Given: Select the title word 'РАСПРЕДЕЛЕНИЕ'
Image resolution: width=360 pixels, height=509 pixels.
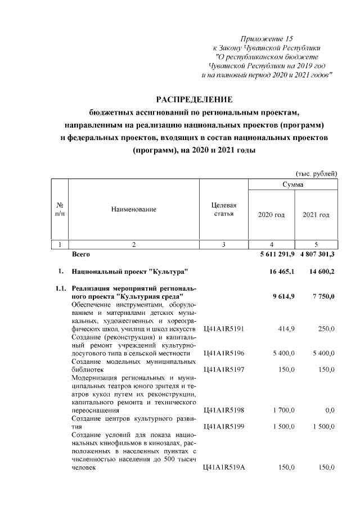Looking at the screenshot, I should coord(194,100).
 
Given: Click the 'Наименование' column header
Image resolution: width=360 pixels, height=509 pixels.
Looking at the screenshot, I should coord(133,209).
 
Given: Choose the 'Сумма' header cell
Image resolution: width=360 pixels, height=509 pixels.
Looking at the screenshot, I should coord(292,184).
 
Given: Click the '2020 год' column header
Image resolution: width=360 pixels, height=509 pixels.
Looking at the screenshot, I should coord(271,215).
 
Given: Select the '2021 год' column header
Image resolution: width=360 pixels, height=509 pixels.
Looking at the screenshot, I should coord(316,215).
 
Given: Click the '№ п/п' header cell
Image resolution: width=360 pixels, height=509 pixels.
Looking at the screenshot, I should coord(60,209).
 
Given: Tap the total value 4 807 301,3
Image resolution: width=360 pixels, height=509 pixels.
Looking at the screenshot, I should coord(316,255).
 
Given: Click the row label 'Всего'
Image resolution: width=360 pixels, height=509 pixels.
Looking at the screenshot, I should coord(82,255).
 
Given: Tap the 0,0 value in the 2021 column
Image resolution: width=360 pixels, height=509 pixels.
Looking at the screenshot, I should coord(329,411).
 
